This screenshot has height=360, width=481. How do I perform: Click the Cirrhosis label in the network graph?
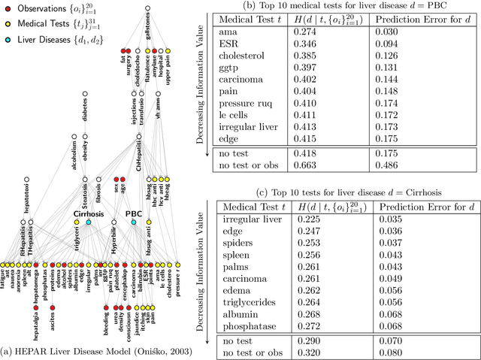[89, 213]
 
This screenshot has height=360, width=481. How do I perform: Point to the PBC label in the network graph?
[134, 213]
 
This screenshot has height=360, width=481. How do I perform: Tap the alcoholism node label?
[73, 160]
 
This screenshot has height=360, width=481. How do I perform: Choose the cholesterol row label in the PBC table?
[244, 55]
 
